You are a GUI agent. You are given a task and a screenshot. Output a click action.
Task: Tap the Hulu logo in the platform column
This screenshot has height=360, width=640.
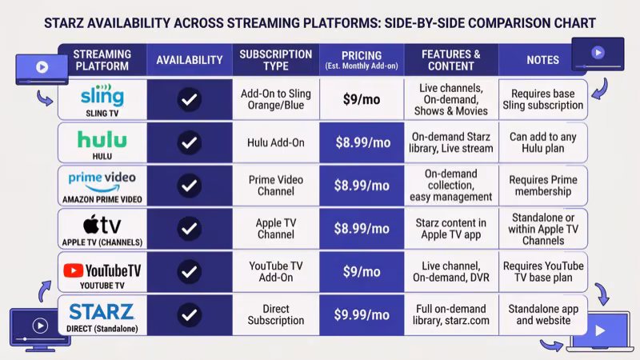(102, 139)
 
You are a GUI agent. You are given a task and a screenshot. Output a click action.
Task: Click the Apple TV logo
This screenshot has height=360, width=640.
(102, 225)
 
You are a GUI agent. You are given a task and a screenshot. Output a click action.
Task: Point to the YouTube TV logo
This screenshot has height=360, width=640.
(102, 270)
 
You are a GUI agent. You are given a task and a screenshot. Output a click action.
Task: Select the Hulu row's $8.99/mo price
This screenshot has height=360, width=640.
(362, 142)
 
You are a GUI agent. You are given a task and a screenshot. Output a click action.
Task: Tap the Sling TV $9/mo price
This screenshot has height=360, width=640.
(362, 99)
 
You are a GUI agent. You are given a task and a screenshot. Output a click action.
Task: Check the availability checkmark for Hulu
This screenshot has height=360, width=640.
(189, 142)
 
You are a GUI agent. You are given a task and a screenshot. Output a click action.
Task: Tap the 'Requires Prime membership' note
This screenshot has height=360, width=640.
(542, 186)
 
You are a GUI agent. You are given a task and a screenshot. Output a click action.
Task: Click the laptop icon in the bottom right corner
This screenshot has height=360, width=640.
(599, 331)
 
